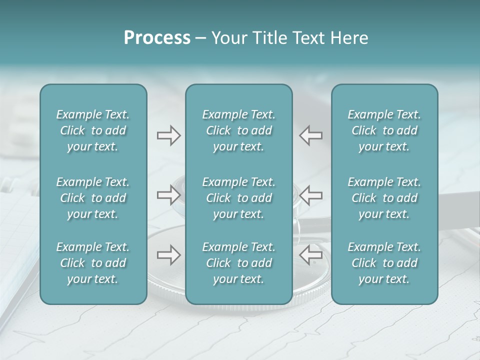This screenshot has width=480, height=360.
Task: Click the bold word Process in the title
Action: tap(157, 38)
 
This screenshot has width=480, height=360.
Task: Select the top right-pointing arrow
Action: tap(168, 135)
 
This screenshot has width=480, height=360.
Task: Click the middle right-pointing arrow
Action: tap(168, 195)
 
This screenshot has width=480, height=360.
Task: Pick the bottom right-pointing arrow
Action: tap(168, 255)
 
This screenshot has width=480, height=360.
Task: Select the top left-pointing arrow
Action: tap(311, 135)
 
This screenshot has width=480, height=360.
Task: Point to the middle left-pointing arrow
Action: tap(311, 195)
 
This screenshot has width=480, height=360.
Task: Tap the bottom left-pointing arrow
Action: tap(311, 255)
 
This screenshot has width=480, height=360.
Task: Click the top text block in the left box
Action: tap(93, 130)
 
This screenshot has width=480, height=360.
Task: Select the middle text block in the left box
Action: tap(93, 198)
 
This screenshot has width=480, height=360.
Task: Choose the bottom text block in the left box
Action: tap(93, 263)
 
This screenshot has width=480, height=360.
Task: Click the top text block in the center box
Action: tap(239, 130)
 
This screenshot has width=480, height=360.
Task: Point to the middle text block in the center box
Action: tap(239, 198)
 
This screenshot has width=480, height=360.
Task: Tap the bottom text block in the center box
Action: tap(239, 263)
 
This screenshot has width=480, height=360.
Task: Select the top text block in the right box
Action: tap(384, 130)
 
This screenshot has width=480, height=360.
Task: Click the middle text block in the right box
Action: tap(384, 198)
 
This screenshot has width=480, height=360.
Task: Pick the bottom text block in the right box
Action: tap(384, 263)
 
